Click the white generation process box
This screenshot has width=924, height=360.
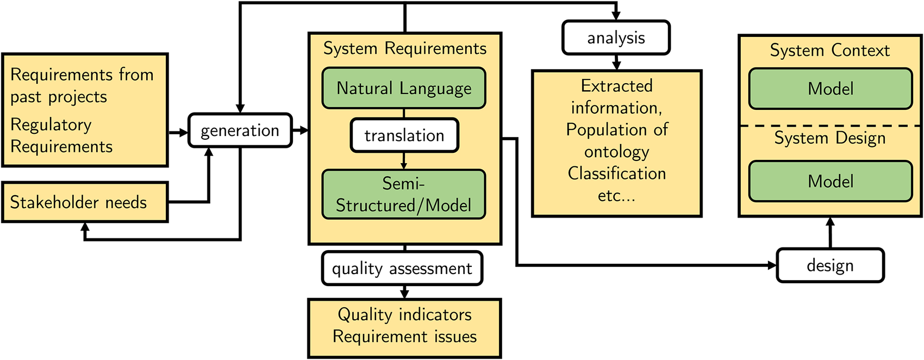click(x=240, y=131)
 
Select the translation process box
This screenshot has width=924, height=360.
click(x=404, y=135)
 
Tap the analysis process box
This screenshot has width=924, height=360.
click(x=616, y=38)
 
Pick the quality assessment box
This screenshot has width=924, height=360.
click(x=402, y=268)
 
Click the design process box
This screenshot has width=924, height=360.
click(x=831, y=265)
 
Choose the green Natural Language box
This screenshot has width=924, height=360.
click(x=404, y=88)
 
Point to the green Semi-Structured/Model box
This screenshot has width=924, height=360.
click(x=404, y=194)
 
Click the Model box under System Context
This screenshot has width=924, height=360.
click(x=831, y=89)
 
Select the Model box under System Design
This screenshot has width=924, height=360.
click(x=831, y=181)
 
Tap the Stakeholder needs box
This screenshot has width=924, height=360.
click(x=85, y=202)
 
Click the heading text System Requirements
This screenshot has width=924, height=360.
click(x=405, y=48)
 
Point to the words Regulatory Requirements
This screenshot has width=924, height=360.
click(x=61, y=135)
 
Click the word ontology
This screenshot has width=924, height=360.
click(x=617, y=152)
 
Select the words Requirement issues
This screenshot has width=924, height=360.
click(x=405, y=337)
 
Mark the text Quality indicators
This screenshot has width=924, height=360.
click(x=405, y=315)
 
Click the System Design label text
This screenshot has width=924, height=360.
click(x=830, y=138)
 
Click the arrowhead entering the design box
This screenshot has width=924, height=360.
click(x=772, y=265)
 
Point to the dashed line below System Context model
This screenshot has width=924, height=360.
click(x=831, y=126)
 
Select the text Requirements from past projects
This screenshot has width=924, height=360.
click(x=82, y=86)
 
